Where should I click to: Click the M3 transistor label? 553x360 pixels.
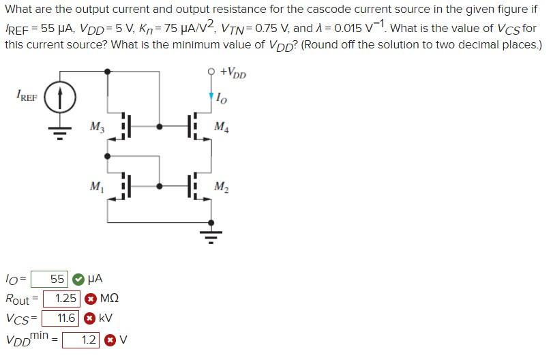97,126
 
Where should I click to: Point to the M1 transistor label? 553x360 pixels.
97,186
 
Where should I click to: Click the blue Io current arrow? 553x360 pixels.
211,97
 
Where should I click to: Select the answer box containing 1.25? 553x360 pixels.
62,299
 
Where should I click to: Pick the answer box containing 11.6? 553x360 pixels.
61,318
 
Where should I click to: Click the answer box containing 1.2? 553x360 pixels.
81,339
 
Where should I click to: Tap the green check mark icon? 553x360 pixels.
78,279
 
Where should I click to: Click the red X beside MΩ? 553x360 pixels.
91,299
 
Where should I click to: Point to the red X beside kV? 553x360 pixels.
89,318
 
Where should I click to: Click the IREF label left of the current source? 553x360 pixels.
26,97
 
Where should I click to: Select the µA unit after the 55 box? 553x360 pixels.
95,279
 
